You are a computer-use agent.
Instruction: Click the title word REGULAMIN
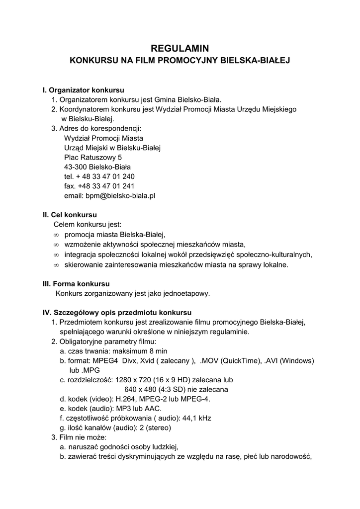[x=180, y=48]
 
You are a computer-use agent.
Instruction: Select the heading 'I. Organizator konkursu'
[x=84, y=90]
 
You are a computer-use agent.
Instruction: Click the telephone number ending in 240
[x=99, y=176]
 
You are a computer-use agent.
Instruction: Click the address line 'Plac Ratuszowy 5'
[x=93, y=157]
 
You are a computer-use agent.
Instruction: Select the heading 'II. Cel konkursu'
[x=70, y=215]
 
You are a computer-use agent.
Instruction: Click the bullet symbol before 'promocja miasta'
[x=56, y=235]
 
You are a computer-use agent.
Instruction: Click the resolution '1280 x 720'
[x=131, y=380]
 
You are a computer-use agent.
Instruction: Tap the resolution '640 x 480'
[x=141, y=389]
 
